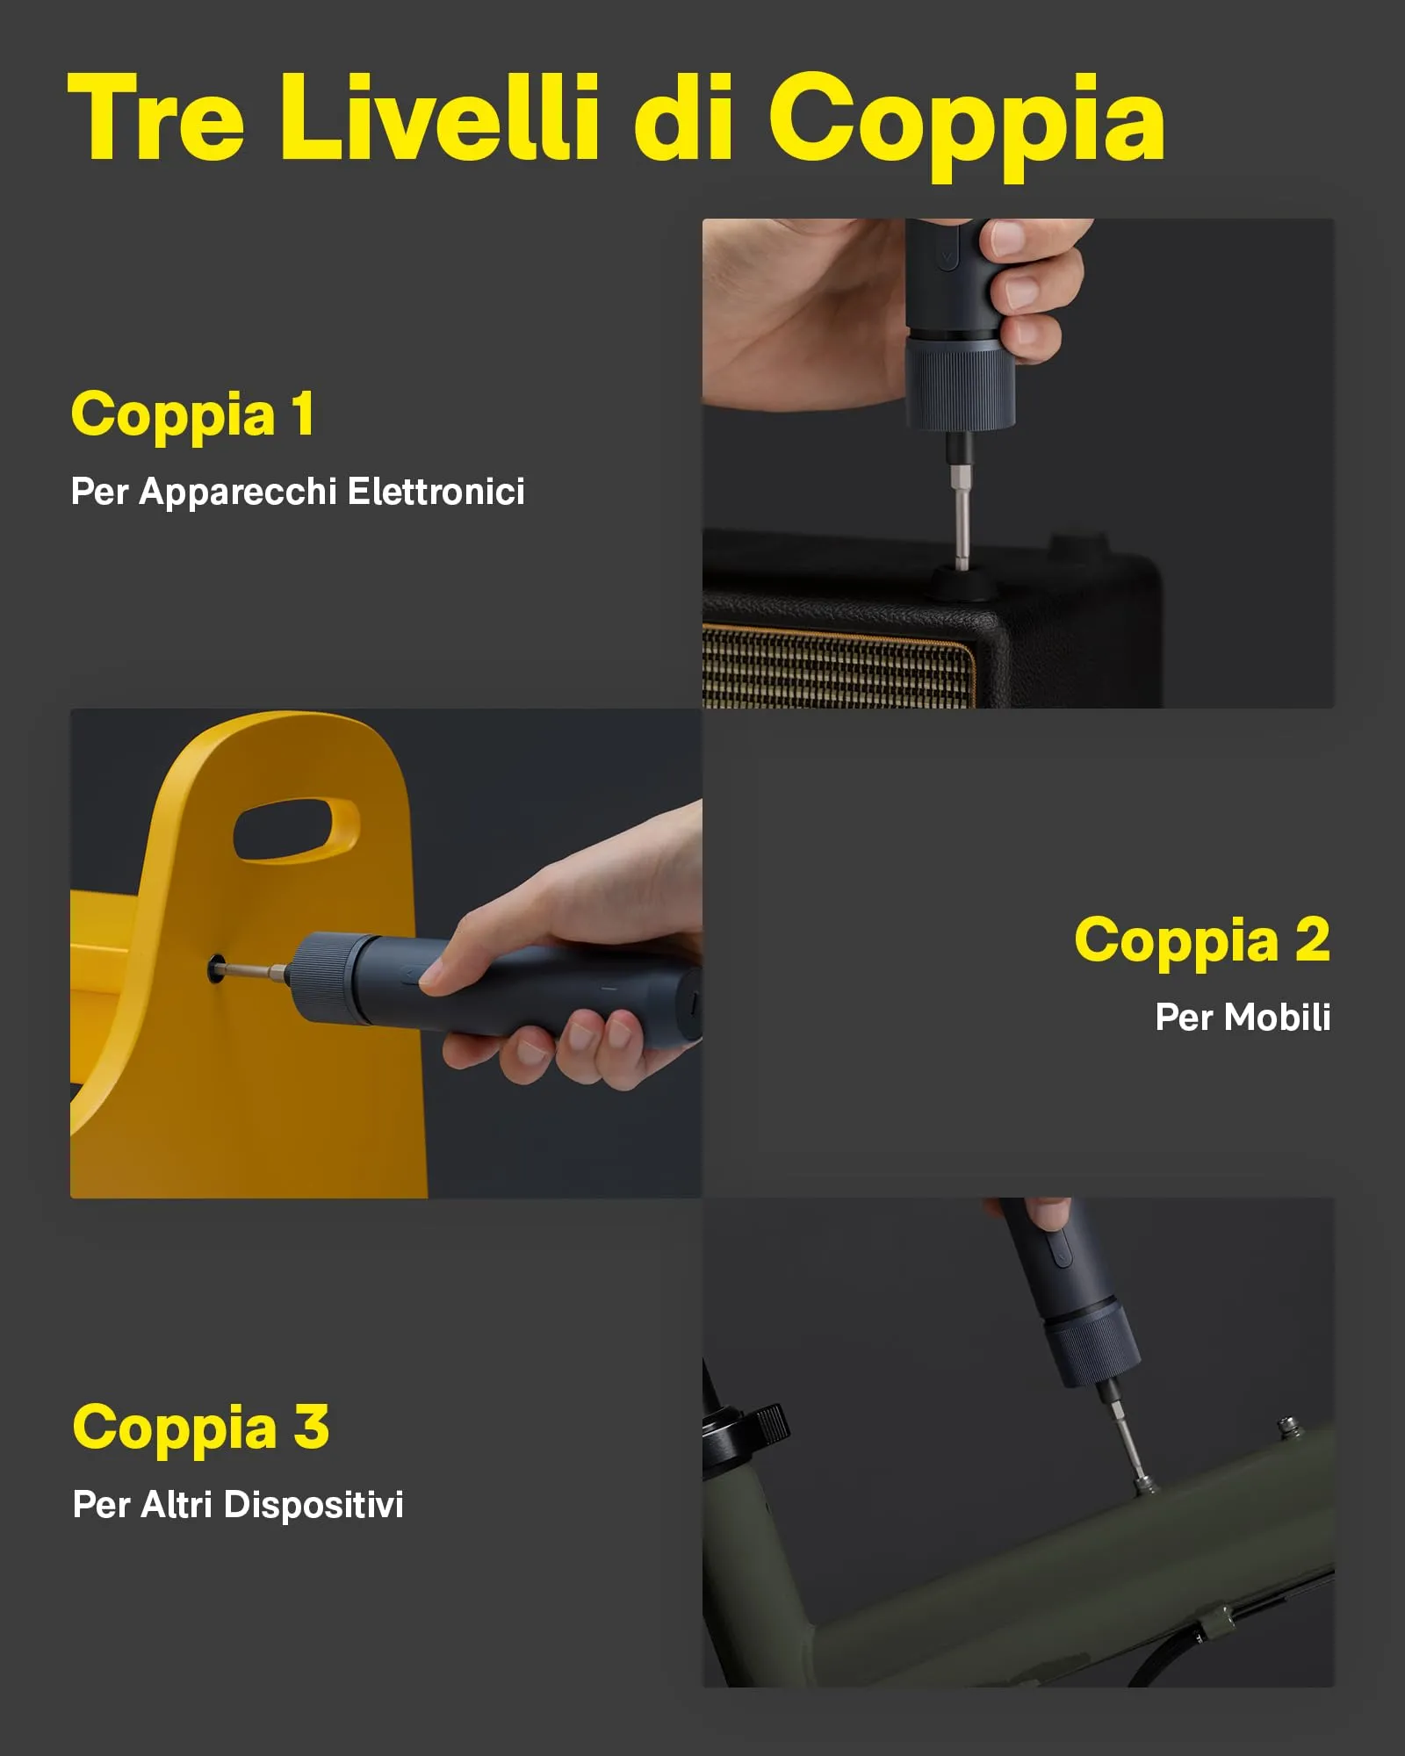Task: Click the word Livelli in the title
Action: (x=439, y=119)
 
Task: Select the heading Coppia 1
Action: (x=192, y=414)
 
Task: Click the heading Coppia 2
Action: (x=1201, y=939)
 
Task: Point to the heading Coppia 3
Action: (x=200, y=1427)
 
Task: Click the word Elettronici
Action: (x=436, y=491)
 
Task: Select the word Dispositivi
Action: (x=313, y=1504)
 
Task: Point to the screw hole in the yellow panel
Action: (x=216, y=969)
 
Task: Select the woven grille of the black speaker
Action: (x=834, y=667)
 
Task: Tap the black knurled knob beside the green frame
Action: (x=769, y=1423)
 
